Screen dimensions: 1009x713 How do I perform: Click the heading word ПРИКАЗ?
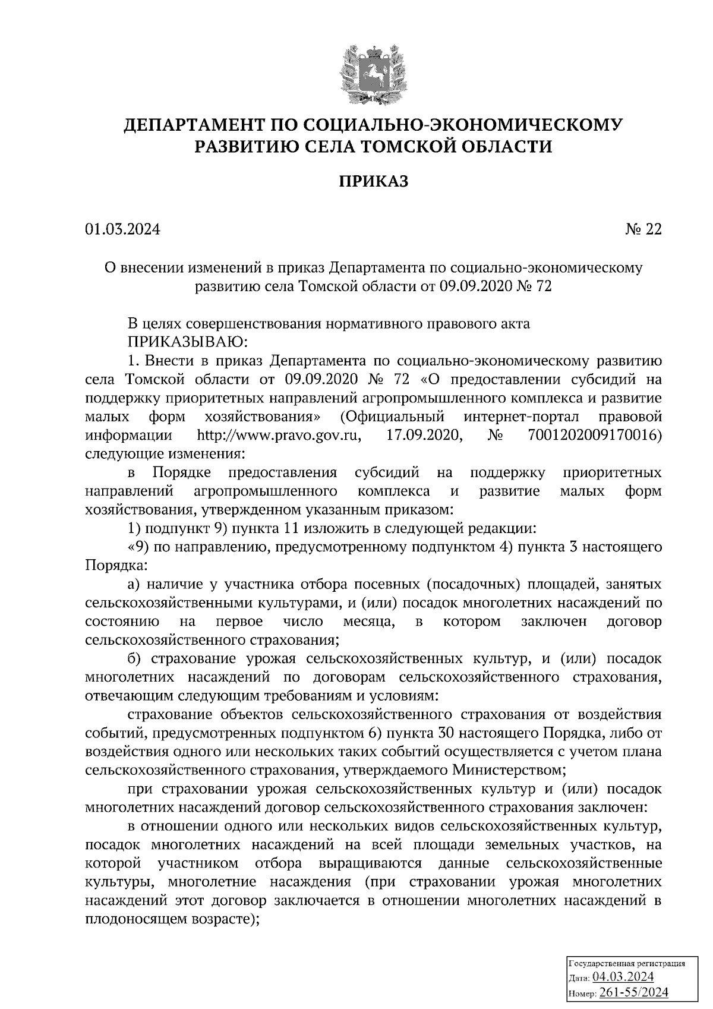(x=374, y=182)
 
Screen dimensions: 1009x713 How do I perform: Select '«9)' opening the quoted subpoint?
(x=138, y=547)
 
